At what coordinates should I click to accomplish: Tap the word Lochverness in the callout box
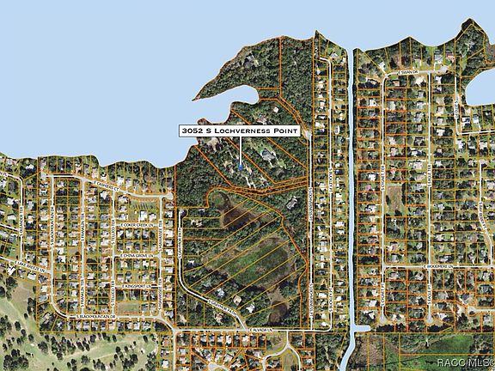pos(244,131)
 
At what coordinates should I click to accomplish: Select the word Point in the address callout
pos(288,131)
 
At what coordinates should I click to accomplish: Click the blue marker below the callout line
pos(241,164)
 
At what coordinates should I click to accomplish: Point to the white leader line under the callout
pos(241,149)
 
